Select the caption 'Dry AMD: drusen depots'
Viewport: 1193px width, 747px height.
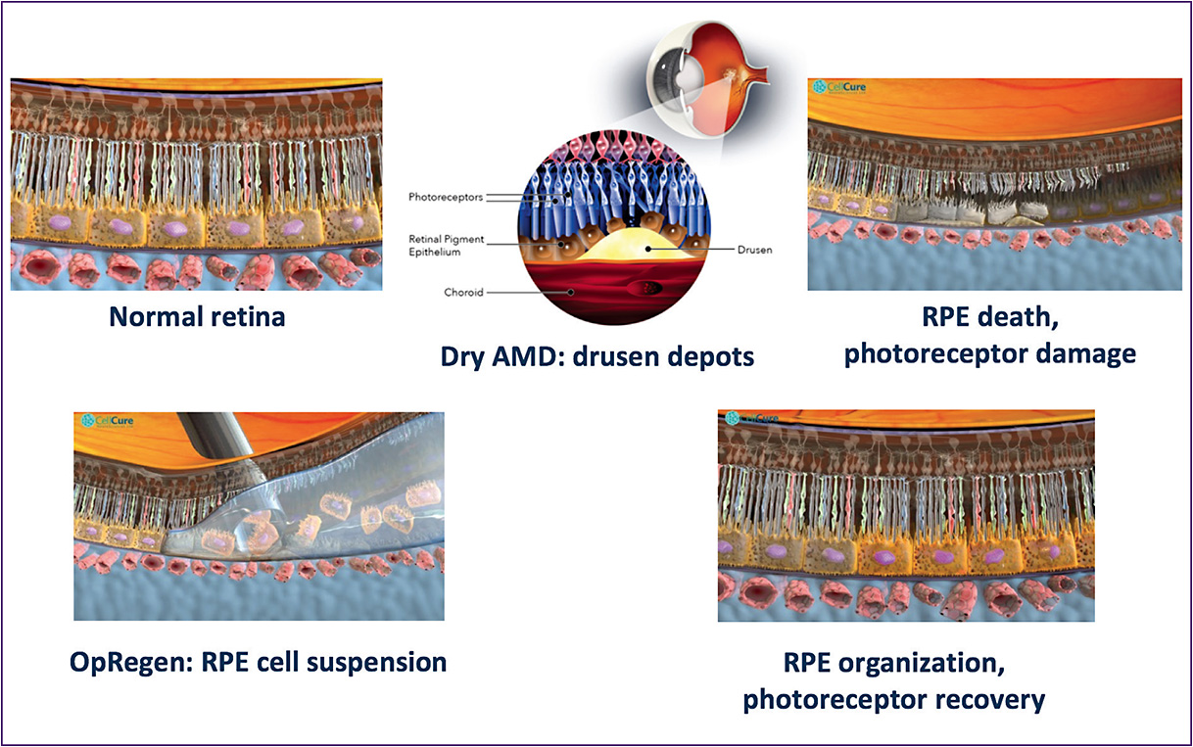[596, 355]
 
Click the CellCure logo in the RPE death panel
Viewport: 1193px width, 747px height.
[836, 86]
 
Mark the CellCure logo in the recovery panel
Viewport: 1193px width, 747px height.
[749, 418]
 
